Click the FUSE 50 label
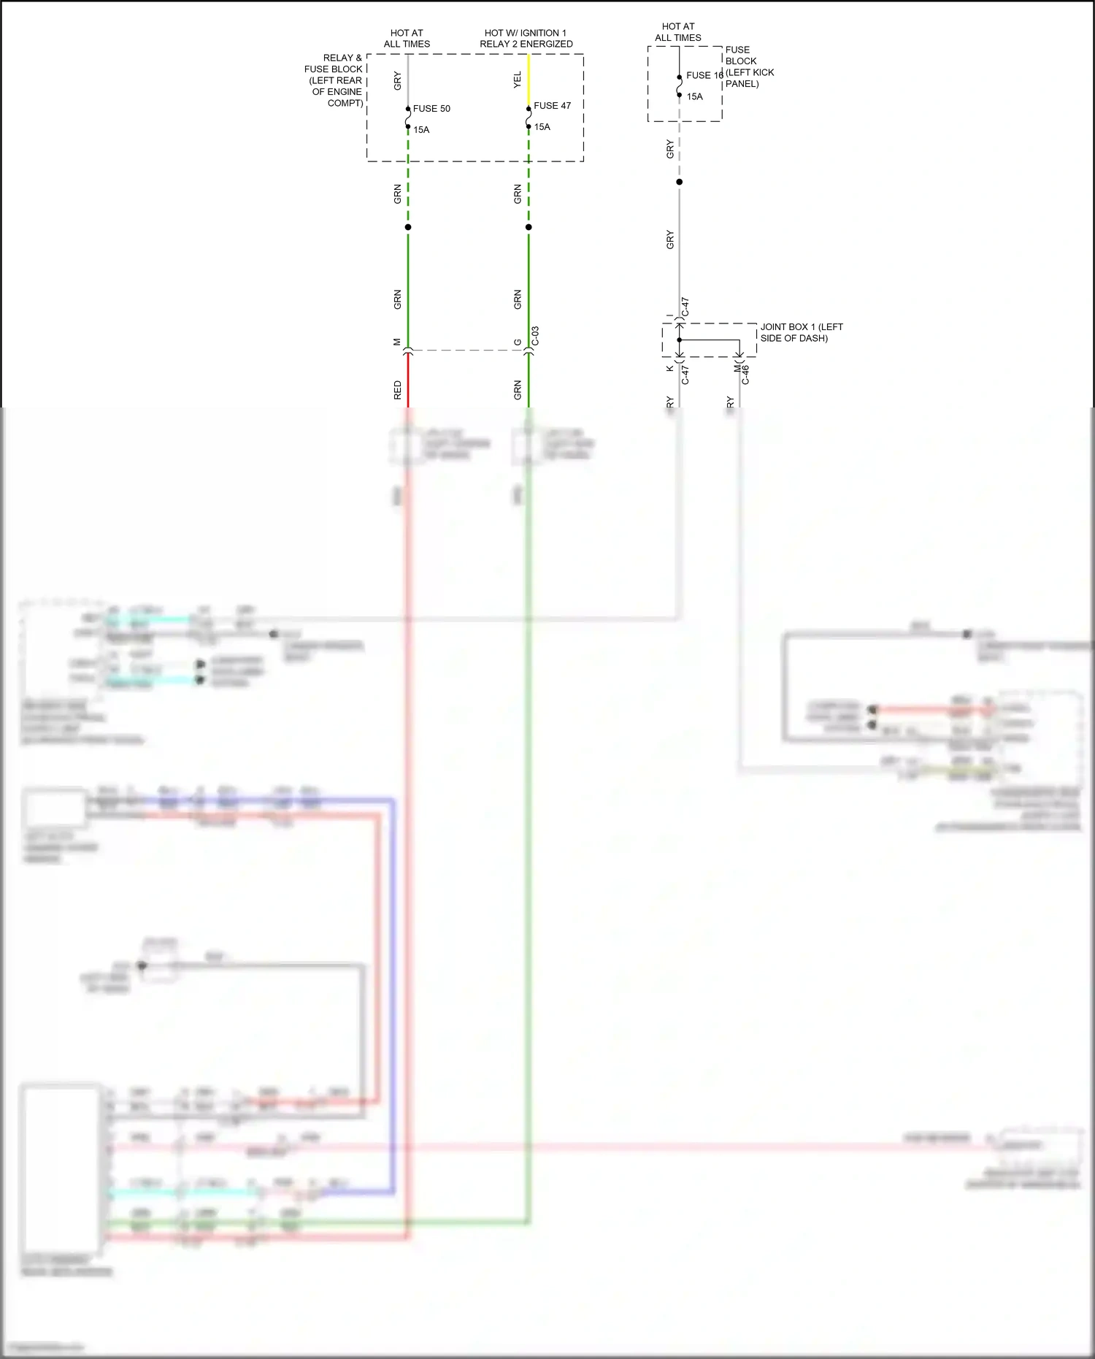[x=431, y=109]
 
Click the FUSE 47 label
[x=552, y=106]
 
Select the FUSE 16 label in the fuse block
[x=704, y=75]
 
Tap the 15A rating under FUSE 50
[x=421, y=130]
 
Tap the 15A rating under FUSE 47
[x=542, y=127]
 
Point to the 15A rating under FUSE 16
[x=694, y=96]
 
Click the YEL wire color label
[x=518, y=80]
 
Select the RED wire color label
[x=398, y=389]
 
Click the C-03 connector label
[x=535, y=336]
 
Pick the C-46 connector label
[x=745, y=375]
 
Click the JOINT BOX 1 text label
[x=801, y=332]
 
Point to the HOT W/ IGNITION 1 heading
[x=526, y=33]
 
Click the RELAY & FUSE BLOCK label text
[x=335, y=80]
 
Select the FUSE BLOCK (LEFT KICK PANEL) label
[x=749, y=66]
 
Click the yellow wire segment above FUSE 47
[x=529, y=80]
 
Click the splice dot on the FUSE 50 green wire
[x=408, y=227]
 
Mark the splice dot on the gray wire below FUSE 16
[x=679, y=182]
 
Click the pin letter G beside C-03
[x=518, y=342]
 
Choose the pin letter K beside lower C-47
[x=669, y=368]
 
